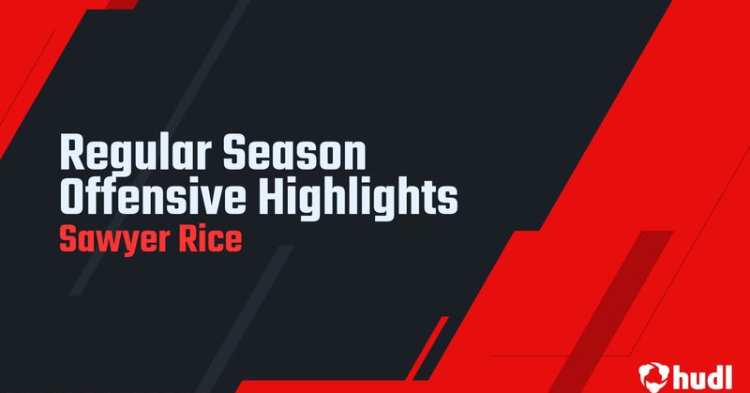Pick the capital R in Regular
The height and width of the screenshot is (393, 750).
(x=70, y=153)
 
